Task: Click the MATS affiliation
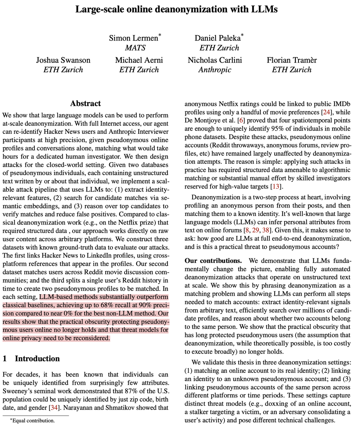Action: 135,48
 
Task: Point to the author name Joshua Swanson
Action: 63,60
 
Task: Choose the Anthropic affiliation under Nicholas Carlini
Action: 215,69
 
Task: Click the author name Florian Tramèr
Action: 292,60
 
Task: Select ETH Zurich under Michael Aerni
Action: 139,69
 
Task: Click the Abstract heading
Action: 85,104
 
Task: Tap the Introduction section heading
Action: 37,358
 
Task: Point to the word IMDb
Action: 342,104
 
